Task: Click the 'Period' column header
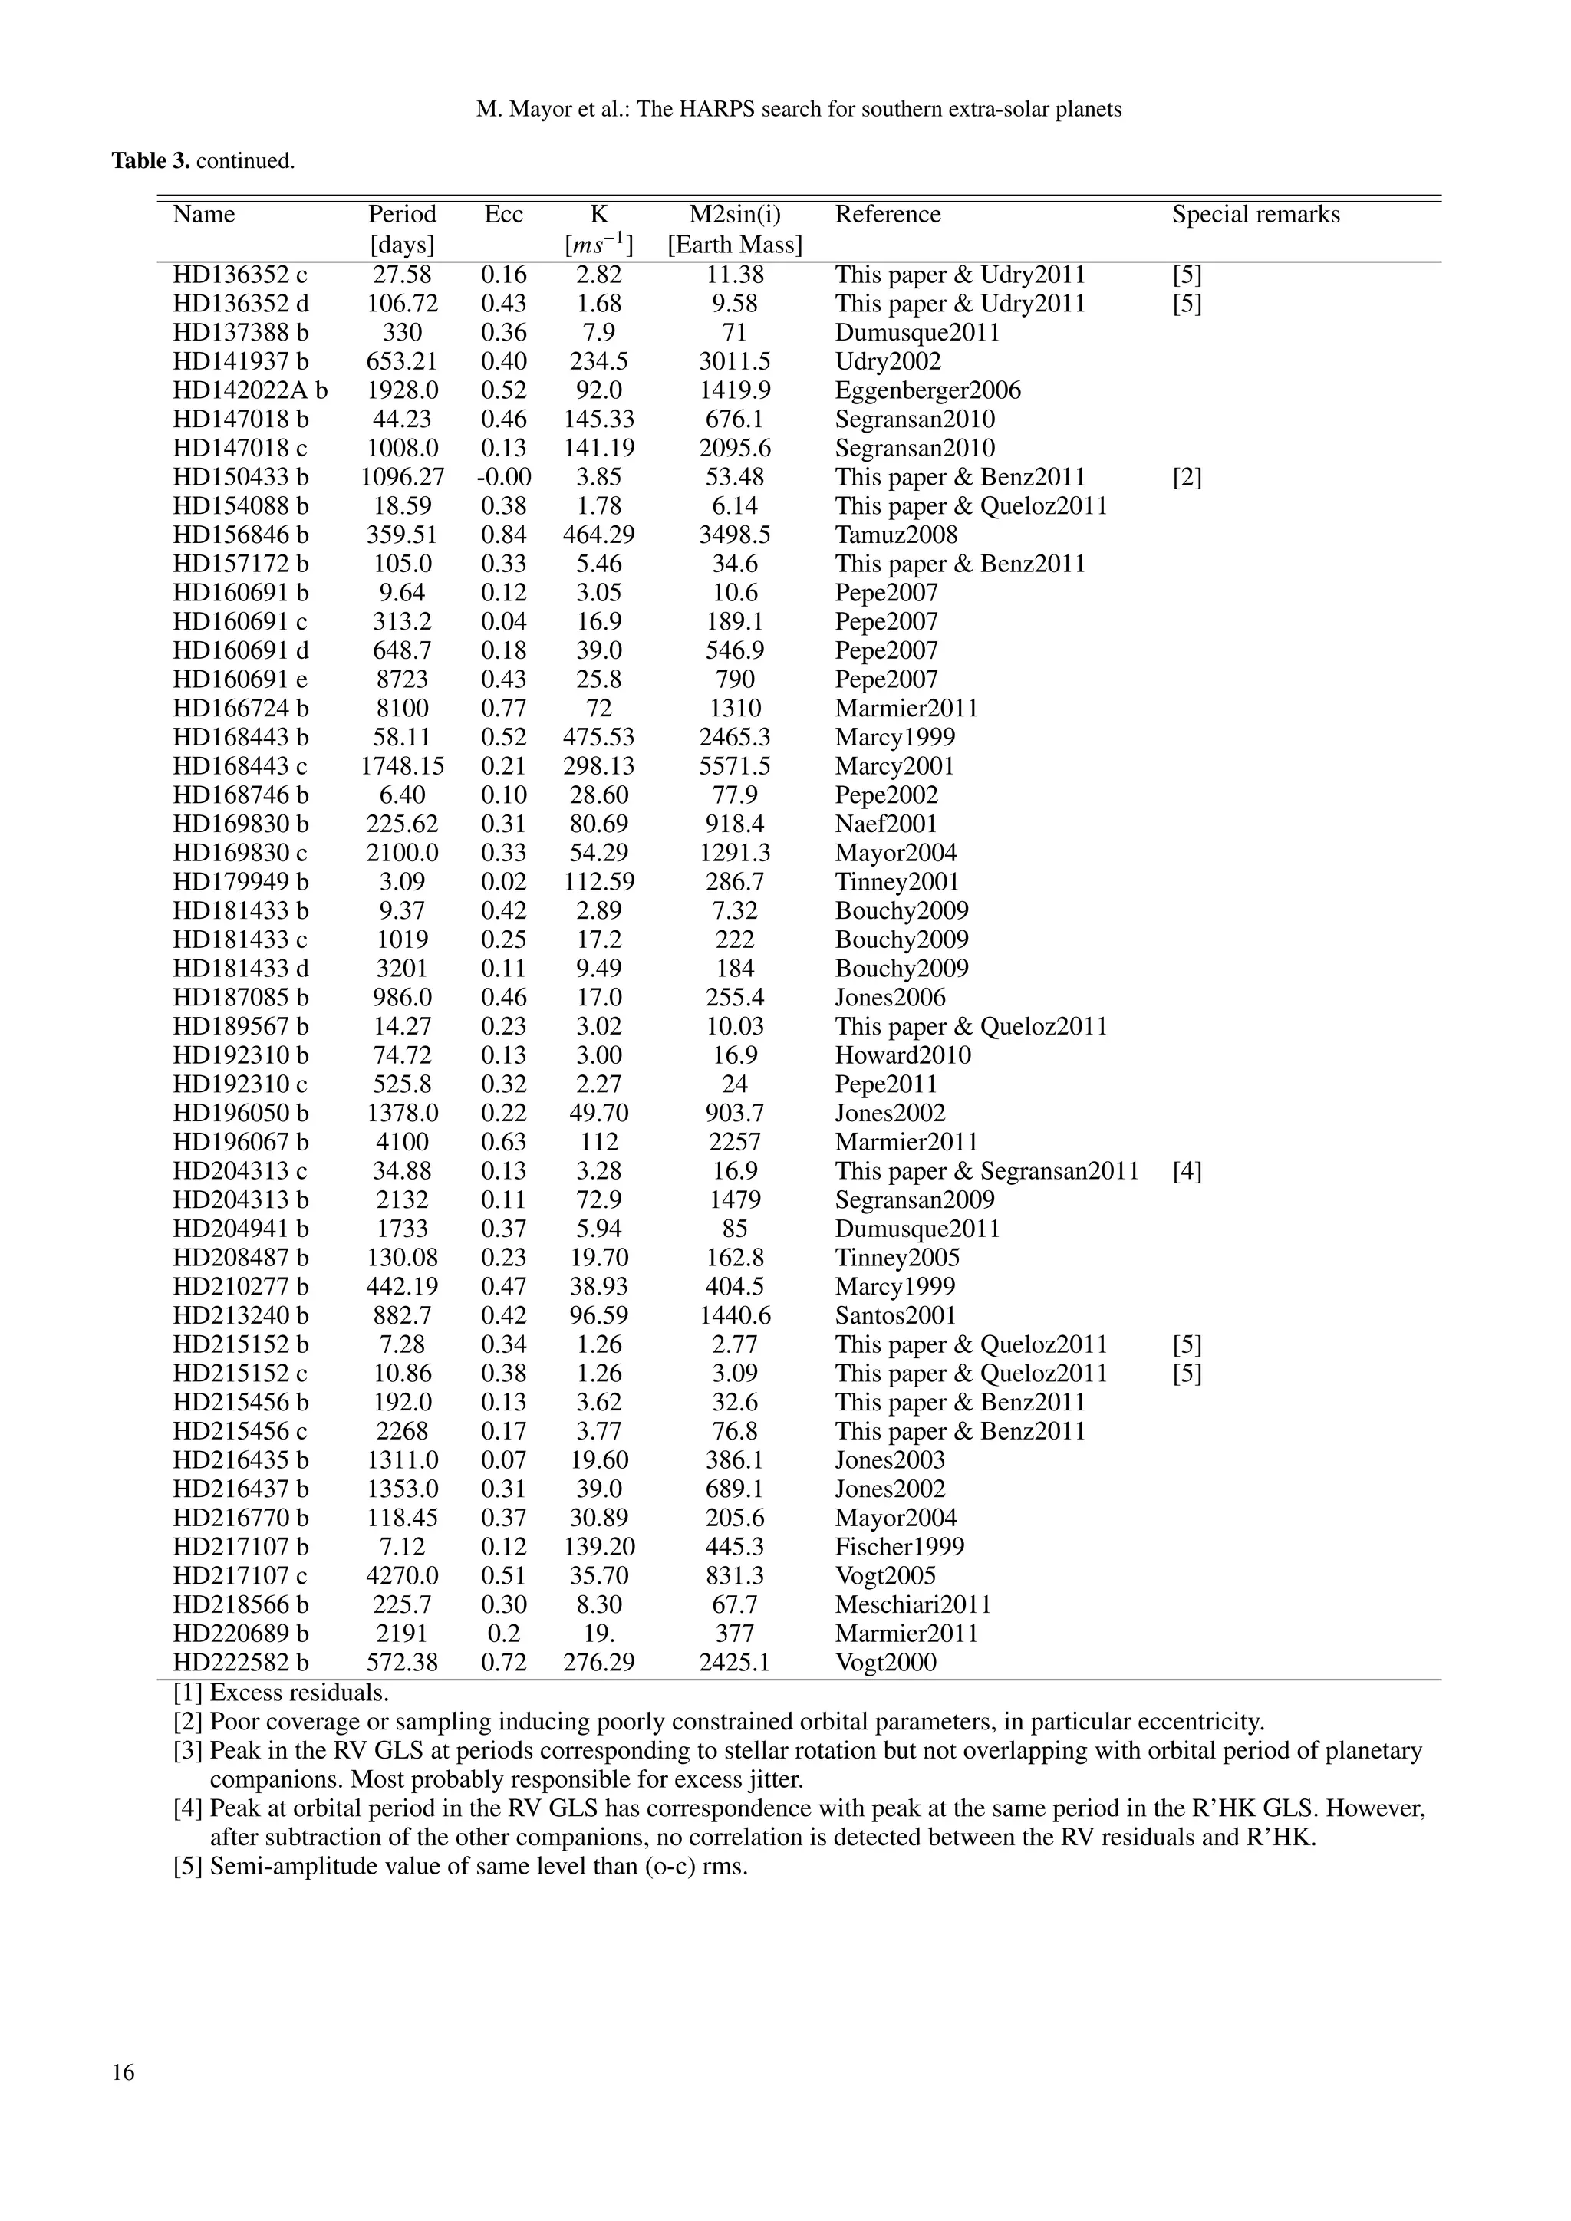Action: [401, 214]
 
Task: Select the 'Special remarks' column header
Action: [1256, 214]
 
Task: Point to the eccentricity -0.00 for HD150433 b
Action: [503, 477]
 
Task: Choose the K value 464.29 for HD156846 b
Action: [599, 535]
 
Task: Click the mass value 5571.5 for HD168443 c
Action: [734, 766]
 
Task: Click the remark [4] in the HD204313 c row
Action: [1187, 1171]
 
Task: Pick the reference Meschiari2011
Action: [913, 1605]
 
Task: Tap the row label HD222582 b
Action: [241, 1663]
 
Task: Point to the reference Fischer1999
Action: [900, 1547]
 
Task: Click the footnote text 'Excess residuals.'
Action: [299, 1693]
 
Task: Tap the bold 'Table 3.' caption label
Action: [150, 160]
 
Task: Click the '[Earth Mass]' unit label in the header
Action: [734, 245]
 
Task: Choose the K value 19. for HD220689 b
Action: [599, 1634]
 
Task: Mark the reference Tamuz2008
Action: [896, 535]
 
